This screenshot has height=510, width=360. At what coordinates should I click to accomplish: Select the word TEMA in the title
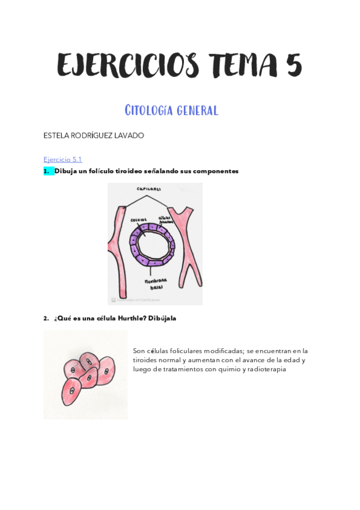click(240, 65)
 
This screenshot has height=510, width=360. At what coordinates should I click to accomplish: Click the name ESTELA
click(56, 136)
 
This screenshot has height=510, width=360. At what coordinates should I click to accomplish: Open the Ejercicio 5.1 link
click(63, 159)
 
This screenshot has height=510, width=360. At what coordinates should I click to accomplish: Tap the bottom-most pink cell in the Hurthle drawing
click(72, 392)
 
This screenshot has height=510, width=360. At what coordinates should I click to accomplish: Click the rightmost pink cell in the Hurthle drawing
click(105, 371)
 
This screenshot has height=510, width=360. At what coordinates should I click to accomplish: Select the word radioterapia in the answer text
click(265, 369)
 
